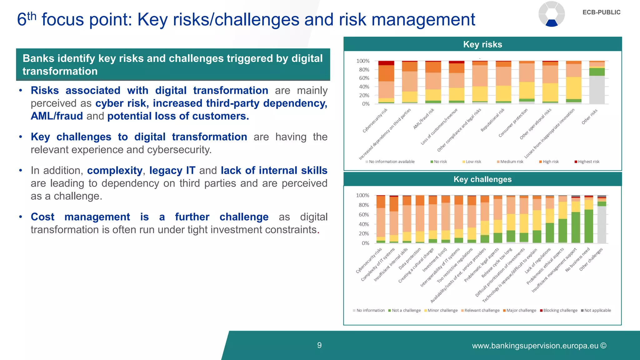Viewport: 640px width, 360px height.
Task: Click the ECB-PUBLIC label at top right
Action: click(601, 12)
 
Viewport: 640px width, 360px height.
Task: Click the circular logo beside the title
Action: click(552, 14)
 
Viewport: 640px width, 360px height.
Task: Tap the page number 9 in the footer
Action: click(319, 345)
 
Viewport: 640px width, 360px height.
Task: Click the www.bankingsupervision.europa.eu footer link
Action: click(535, 346)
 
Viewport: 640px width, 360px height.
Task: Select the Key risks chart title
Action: click(482, 44)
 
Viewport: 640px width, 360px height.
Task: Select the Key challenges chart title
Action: click(482, 179)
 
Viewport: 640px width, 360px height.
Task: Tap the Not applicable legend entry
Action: click(597, 310)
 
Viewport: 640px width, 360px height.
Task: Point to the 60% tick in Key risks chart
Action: click(364, 78)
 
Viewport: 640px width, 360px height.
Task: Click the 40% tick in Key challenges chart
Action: click(364, 224)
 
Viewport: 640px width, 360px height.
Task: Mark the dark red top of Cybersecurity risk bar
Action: click(386, 63)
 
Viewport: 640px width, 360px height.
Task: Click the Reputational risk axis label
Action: click(492, 120)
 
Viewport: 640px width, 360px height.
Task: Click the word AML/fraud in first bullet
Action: click(57, 116)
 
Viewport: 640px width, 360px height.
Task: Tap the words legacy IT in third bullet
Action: click(172, 171)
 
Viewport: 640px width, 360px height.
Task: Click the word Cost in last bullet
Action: click(42, 217)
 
